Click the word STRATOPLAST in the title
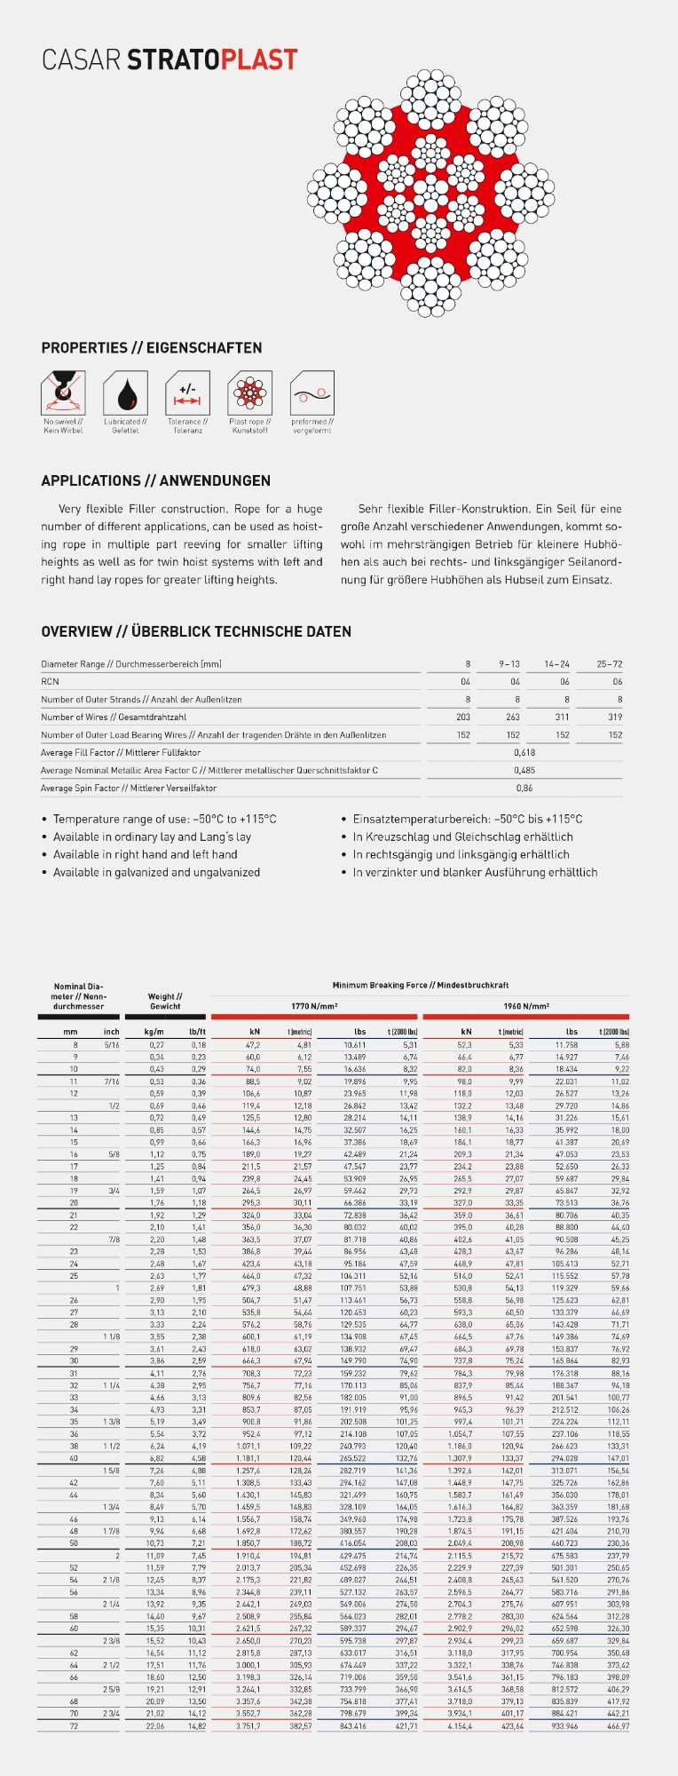(x=212, y=60)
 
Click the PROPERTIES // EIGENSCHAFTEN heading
(x=152, y=348)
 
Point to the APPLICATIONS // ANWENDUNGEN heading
(x=156, y=480)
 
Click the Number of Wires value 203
(x=463, y=718)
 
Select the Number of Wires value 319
(x=615, y=718)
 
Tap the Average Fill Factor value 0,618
(x=524, y=753)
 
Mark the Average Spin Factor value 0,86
(x=524, y=789)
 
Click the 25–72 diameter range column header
(x=610, y=664)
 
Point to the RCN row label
(x=50, y=682)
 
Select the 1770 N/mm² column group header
(x=314, y=1006)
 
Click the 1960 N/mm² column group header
(x=526, y=1006)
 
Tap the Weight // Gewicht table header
(x=165, y=1002)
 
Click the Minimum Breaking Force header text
(x=421, y=985)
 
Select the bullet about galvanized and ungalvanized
(x=156, y=873)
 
